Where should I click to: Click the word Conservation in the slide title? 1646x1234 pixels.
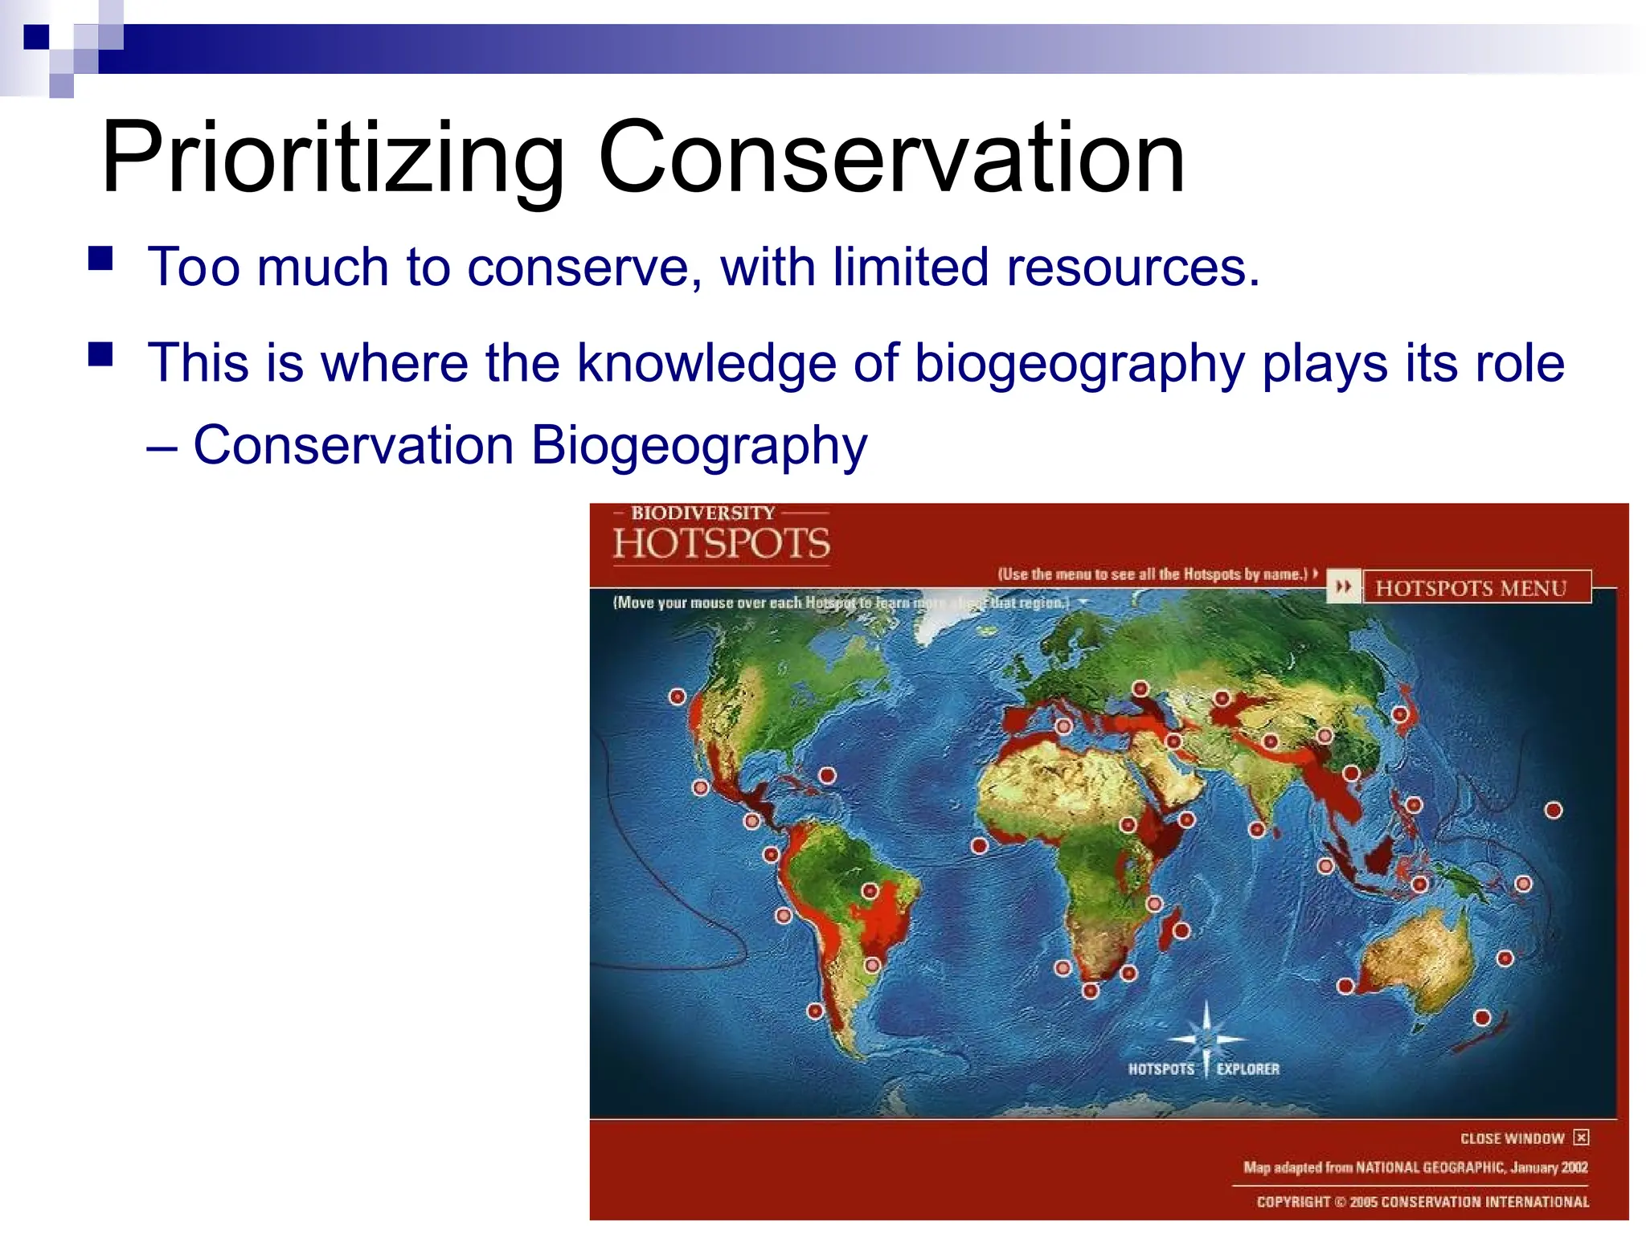pyautogui.click(x=891, y=157)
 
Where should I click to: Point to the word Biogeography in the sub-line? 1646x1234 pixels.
pyautogui.click(x=698, y=445)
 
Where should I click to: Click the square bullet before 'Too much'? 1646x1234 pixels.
pyautogui.click(x=100, y=259)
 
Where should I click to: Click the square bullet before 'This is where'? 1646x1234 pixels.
pyautogui.click(x=100, y=354)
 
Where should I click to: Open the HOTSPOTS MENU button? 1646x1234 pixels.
pyautogui.click(x=1470, y=588)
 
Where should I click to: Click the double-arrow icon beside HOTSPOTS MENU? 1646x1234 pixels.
pyautogui.click(x=1343, y=587)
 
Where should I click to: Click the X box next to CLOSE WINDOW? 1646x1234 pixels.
pyautogui.click(x=1581, y=1137)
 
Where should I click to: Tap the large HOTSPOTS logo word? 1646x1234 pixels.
pyautogui.click(x=721, y=544)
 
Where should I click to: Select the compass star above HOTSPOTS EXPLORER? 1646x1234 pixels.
pyautogui.click(x=1206, y=1036)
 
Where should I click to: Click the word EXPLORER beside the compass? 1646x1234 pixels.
pyautogui.click(x=1247, y=1069)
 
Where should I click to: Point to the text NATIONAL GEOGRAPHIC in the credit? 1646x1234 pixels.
pyautogui.click(x=1430, y=1167)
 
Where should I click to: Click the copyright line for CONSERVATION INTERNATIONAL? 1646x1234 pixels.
pyautogui.click(x=1423, y=1202)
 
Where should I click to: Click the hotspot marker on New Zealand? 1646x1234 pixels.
pyautogui.click(x=1482, y=1018)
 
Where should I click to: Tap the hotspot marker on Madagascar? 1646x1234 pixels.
pyautogui.click(x=1181, y=930)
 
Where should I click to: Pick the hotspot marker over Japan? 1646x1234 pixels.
pyautogui.click(x=1400, y=713)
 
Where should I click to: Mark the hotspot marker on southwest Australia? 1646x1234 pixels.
pyautogui.click(x=1345, y=986)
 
